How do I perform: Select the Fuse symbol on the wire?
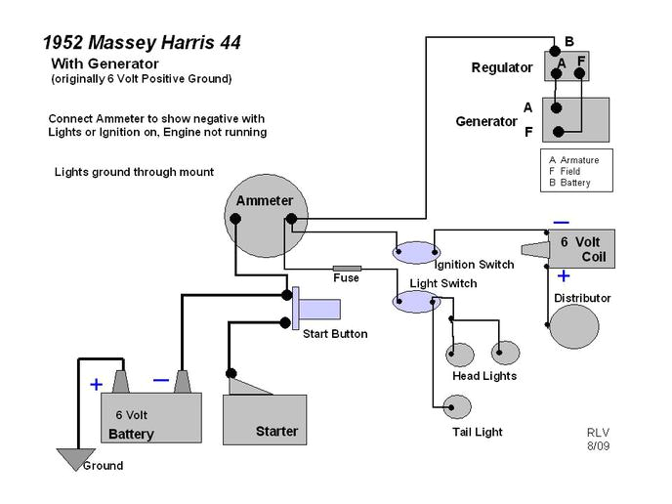(347, 268)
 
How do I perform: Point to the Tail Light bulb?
(457, 405)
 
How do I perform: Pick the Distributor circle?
(573, 325)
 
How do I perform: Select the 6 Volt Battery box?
(151, 418)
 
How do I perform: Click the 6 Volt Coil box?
(580, 249)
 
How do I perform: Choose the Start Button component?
(316, 309)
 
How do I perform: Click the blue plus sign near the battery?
(96, 385)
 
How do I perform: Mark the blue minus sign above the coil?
(562, 222)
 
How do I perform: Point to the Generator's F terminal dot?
(557, 132)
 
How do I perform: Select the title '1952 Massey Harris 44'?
(142, 43)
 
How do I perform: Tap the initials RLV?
(598, 432)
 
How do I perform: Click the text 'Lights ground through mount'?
(134, 173)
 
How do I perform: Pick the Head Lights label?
(484, 376)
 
